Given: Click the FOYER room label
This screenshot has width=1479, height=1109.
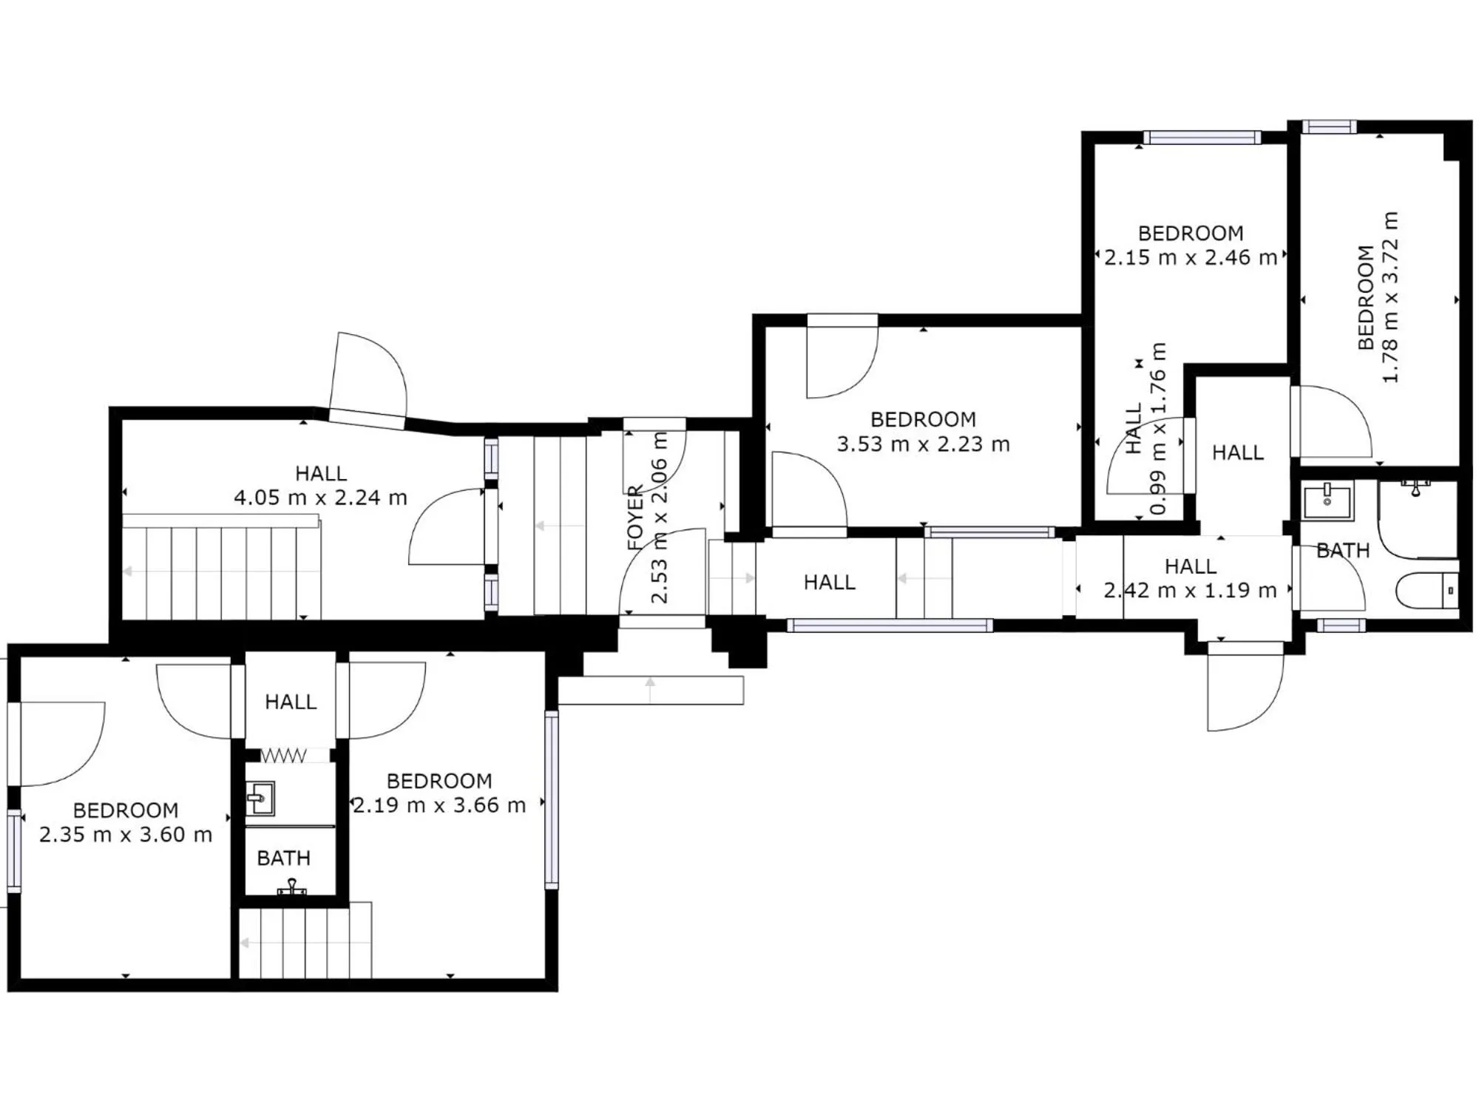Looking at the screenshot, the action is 635,518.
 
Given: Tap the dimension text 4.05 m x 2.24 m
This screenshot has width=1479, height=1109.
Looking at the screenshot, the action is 320,498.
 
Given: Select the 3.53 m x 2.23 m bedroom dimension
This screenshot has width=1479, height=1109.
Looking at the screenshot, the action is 923,444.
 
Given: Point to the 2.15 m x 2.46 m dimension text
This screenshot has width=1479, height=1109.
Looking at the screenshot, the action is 1191,257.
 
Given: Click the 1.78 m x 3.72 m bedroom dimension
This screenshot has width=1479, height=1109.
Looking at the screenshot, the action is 1390,297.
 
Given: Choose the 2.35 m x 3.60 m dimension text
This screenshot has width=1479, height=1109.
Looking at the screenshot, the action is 126,835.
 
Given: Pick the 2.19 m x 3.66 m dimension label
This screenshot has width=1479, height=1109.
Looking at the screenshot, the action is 439,805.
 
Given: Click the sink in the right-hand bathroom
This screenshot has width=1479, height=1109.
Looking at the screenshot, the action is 1327,501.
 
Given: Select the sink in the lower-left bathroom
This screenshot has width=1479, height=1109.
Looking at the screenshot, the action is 260,798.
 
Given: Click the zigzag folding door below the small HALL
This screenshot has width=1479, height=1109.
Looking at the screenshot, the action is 284,756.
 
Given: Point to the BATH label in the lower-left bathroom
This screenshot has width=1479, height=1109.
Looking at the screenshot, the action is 283,858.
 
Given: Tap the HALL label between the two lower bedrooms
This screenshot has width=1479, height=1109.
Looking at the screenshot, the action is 291,702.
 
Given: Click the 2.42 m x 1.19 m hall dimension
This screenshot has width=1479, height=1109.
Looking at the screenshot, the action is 1190,591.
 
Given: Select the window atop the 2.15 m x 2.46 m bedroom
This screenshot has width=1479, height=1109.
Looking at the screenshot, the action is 1202,138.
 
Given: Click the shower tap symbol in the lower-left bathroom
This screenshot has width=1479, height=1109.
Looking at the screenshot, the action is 292,886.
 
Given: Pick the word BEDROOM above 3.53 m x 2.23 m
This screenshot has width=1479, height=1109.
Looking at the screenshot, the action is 923,420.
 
